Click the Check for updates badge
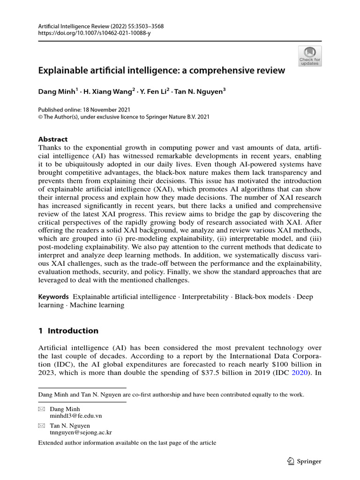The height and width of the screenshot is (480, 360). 309,56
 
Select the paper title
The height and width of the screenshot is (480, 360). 161,71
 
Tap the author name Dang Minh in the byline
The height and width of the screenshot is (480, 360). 56,92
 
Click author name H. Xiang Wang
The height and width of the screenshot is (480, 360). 110,92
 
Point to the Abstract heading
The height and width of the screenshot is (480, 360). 52,139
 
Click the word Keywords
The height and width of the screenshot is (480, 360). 53,297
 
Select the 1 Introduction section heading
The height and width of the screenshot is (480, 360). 68,331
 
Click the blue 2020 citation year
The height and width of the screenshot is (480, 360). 299,373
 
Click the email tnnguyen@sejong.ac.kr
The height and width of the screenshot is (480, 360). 81,433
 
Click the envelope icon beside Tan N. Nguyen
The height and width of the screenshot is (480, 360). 42,426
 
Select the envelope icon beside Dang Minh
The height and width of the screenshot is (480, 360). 42,409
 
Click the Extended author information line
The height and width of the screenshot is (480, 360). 127,443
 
